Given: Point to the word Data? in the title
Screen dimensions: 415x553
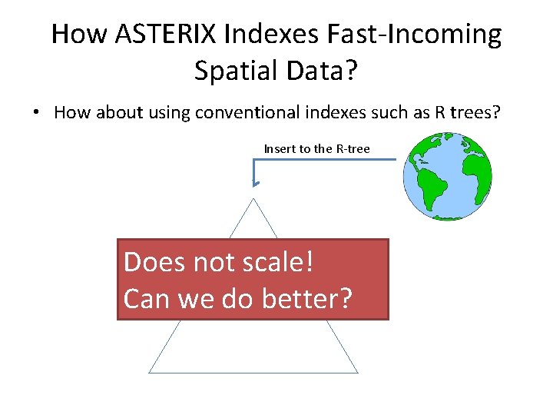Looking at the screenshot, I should [326, 71].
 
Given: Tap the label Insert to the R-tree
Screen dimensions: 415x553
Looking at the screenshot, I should [316, 148].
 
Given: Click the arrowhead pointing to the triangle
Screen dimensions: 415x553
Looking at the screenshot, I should [256, 184].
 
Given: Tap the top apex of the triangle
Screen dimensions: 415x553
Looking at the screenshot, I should [253, 198].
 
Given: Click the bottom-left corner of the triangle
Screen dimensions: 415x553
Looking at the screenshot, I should [150, 372].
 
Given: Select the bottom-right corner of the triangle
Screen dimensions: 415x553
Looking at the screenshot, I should [357, 372].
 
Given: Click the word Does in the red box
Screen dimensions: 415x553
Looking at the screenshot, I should [154, 262].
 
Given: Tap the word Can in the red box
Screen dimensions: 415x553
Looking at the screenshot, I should [147, 298].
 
